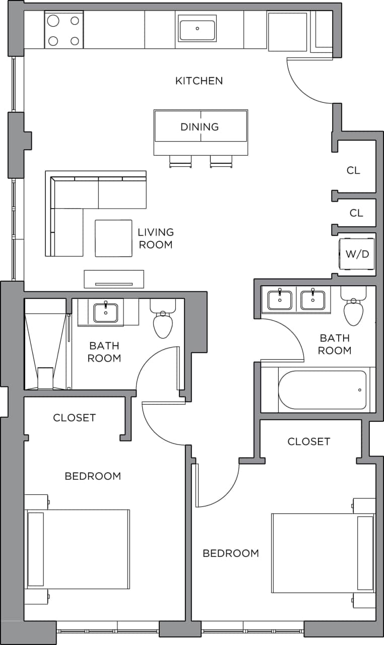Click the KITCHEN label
tap(199, 81)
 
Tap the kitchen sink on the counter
tap(197, 28)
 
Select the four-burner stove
tap(64, 30)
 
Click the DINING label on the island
tap(200, 126)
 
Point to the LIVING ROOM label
tap(156, 238)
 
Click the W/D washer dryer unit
tap(357, 253)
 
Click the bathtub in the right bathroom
tap(323, 390)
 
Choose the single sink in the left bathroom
tap(106, 312)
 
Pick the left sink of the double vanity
tap(279, 300)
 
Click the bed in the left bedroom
tap(78, 549)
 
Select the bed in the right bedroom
tap(323, 553)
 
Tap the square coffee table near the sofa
tap(113, 238)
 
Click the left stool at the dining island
tap(180, 161)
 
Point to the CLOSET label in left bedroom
tap(74, 418)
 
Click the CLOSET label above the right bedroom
tap(308, 441)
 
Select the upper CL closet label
tap(353, 170)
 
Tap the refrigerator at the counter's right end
tap(287, 31)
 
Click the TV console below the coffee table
tap(114, 279)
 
